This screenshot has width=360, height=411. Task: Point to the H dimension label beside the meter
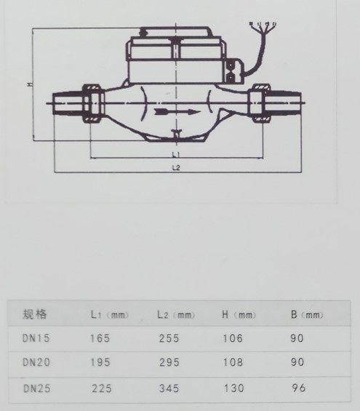[x=28, y=85]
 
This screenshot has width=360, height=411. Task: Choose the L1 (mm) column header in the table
[x=109, y=315]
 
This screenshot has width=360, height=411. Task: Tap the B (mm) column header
[x=306, y=315]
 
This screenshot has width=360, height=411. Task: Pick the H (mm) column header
[x=239, y=315]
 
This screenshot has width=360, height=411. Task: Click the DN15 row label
[x=36, y=338]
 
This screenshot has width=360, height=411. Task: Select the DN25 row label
[x=36, y=388]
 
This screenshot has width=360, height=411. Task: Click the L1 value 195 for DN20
[x=100, y=362]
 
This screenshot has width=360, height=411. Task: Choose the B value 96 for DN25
[x=296, y=388]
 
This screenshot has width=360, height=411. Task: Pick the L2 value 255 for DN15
[x=168, y=338]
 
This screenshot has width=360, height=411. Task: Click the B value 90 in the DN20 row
[x=296, y=362]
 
